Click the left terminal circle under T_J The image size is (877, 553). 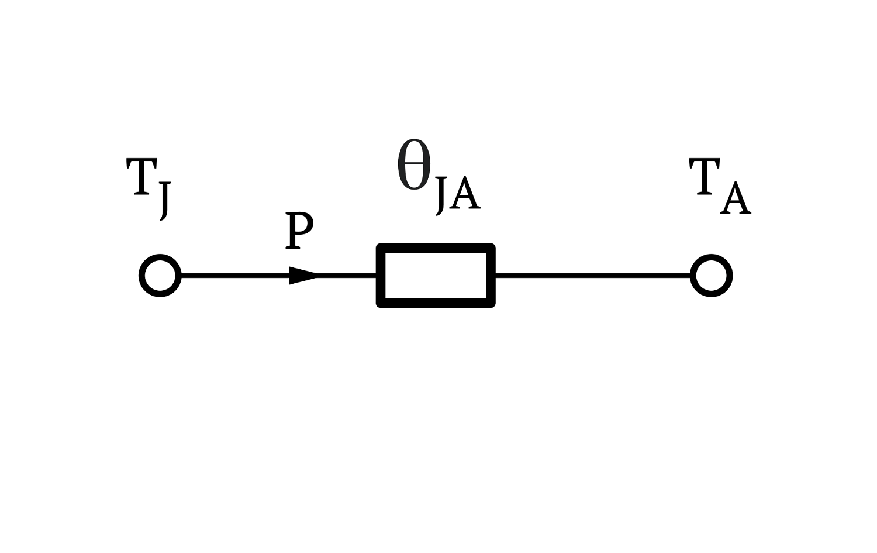point(140,276)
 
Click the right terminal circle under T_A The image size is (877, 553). point(692,276)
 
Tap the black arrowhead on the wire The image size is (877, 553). point(302,276)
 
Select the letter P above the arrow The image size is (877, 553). point(299,231)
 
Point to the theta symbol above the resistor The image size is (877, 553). point(414,164)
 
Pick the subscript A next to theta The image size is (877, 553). point(465,193)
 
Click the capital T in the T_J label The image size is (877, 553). point(141,176)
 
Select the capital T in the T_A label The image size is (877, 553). point(705,176)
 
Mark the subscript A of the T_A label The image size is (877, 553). point(736,198)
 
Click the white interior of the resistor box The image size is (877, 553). point(436,276)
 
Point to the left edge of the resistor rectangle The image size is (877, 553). point(381,276)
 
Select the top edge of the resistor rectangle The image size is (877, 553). point(436,248)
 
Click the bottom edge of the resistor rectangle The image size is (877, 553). point(436,303)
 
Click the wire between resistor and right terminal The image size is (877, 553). point(593,276)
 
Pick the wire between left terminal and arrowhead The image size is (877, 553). point(235,276)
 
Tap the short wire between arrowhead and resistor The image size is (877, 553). point(347,276)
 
